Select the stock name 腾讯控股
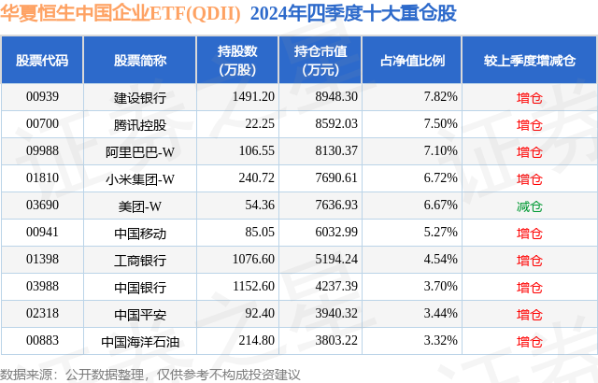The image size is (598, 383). point(140,123)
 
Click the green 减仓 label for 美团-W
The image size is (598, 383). point(529,206)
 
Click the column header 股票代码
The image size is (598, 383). point(42,61)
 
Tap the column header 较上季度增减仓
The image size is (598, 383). point(529,61)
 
